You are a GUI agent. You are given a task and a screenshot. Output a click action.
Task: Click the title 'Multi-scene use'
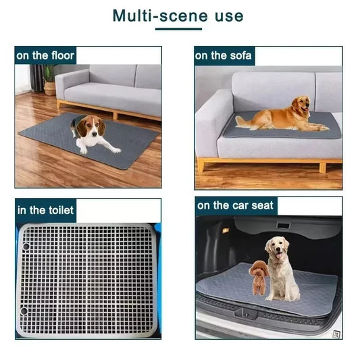click(178, 15)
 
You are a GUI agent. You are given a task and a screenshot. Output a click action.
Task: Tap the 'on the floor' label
click(46, 55)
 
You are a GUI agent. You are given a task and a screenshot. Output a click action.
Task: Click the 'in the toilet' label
click(45, 210)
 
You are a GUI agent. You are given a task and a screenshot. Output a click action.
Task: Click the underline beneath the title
click(178, 29)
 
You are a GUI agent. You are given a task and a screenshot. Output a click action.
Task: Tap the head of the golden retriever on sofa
click(302, 104)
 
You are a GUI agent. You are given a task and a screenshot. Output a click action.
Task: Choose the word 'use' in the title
click(226, 15)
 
